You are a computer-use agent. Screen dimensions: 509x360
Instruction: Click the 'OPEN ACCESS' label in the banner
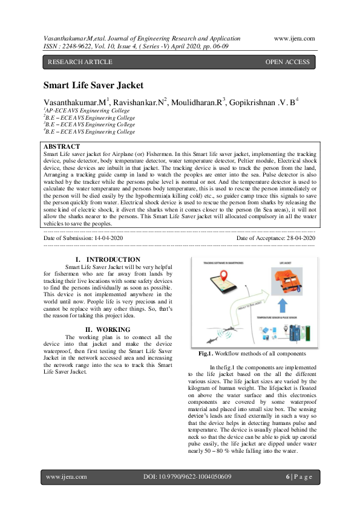pyautogui.click(x=287, y=62)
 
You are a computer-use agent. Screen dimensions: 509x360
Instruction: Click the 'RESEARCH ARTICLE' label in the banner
pyautogui.click(x=80, y=62)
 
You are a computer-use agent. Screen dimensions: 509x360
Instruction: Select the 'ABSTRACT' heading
pyautogui.click(x=62, y=147)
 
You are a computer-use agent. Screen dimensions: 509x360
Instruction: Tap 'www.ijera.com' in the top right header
pyautogui.click(x=294, y=38)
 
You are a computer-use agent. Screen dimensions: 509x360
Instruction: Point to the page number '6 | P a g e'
pyautogui.click(x=298, y=477)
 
